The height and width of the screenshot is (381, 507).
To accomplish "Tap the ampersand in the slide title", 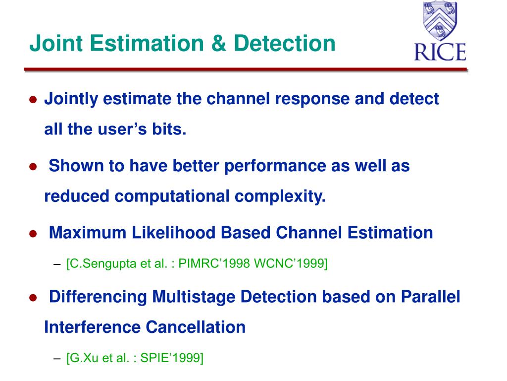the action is coord(218,44).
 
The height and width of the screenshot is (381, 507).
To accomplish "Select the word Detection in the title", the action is coord(285,44).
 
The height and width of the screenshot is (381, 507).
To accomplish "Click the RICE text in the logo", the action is coord(440,52).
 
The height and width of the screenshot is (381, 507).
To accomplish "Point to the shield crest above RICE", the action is coord(440,20).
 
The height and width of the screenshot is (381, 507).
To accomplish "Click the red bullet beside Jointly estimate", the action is coord(33,99).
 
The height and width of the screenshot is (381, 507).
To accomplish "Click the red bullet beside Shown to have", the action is coord(33,167).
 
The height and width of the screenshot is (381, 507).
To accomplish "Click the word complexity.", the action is coord(280,196).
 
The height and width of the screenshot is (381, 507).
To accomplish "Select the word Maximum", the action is coord(87,233).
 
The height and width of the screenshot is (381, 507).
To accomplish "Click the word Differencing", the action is coord(98,297).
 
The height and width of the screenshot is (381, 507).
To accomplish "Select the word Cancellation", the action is coord(196,327).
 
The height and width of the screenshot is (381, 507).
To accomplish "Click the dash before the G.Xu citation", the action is coord(57,358).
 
